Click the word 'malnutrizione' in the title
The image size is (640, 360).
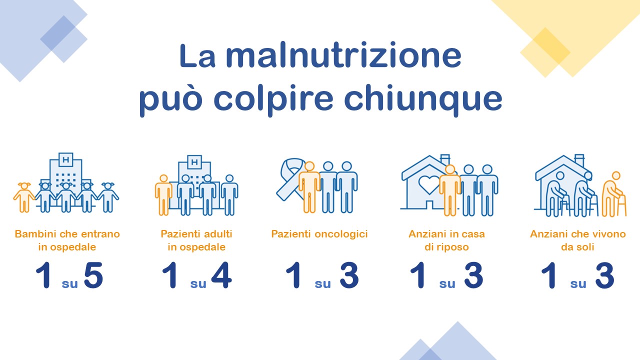[343, 55]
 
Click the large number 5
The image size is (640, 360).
[93, 275]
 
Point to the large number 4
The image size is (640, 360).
[221, 275]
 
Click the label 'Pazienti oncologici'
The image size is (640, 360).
[319, 234]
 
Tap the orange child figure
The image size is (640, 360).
[24, 197]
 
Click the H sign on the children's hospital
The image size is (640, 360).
[66, 159]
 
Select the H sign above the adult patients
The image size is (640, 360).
[194, 162]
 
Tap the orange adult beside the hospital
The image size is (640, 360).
[163, 195]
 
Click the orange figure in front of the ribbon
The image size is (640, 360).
[309, 187]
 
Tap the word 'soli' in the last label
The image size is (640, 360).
[586, 247]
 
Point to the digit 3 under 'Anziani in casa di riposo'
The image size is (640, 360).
[474, 275]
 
